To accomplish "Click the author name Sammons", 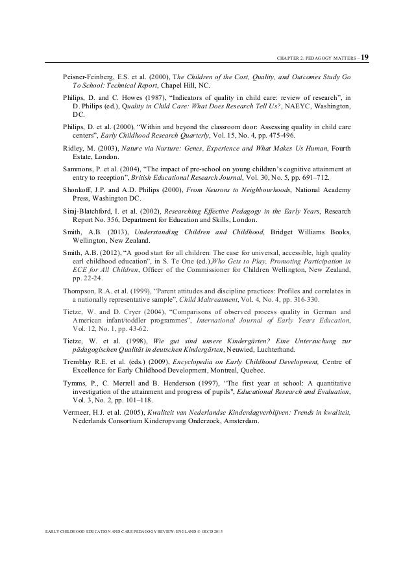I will pos(78,169).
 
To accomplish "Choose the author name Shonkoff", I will pos(79,189).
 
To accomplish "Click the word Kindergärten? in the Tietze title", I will pos(249,341).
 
